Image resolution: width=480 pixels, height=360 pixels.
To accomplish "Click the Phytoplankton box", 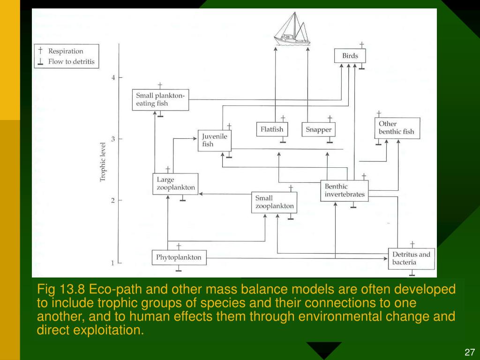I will pos(179,257).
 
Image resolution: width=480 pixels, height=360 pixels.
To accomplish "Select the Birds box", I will pos(350,56).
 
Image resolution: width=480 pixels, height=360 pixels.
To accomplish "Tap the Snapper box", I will pos(319,130).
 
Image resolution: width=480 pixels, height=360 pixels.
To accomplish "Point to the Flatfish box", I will pos(272,129).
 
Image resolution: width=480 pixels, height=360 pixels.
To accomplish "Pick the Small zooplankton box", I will pos(274,202).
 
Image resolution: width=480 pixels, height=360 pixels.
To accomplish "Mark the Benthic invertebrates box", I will pos(345,191).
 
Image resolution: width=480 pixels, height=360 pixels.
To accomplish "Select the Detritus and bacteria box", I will pos(411,258).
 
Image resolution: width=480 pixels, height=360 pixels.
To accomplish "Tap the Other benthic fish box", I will pos(397,128).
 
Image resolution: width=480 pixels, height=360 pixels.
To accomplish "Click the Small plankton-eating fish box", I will pos(160,100).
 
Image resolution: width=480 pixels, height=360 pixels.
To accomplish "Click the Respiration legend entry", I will pos(66,51).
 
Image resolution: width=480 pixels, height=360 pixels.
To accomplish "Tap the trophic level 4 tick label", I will pos(113,78).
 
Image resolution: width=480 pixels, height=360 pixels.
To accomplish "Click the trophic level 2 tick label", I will pos(113,201).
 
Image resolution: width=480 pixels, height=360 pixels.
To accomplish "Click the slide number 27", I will pos(470,352).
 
